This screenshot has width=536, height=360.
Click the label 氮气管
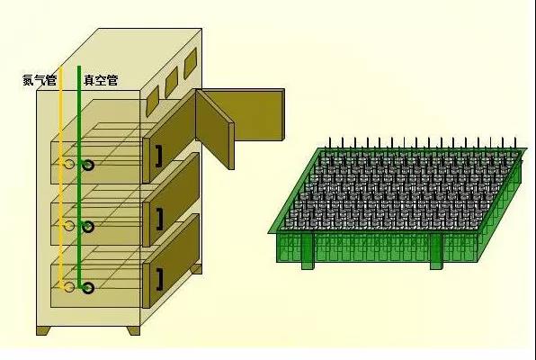click(x=40, y=80)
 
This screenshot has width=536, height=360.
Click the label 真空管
click(x=101, y=80)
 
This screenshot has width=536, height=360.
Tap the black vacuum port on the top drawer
click(x=88, y=166)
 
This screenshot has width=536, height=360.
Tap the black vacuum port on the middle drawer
click(x=88, y=227)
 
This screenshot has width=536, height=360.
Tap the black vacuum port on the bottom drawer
click(x=88, y=288)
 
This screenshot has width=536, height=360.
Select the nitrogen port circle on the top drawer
click(x=69, y=165)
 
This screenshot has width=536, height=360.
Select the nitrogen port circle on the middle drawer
click(x=69, y=226)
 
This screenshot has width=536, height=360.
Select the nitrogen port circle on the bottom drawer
click(x=69, y=287)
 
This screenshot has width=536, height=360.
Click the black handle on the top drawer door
click(x=159, y=157)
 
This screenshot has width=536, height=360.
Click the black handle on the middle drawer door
click(x=160, y=219)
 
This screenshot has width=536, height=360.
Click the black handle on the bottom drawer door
click(x=160, y=280)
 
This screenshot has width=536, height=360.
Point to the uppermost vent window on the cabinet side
click(x=191, y=63)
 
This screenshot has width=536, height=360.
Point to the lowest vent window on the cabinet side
click(x=153, y=101)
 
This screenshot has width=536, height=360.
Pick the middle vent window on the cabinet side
click(x=172, y=82)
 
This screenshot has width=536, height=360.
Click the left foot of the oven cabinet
click(x=43, y=330)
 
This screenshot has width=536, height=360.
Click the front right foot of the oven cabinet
click(x=133, y=330)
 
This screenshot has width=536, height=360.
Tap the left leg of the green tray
click(x=308, y=251)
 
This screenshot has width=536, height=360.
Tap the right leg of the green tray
click(x=436, y=251)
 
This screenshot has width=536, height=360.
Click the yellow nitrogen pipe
click(x=61, y=177)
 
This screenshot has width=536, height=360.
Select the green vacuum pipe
click(x=79, y=177)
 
